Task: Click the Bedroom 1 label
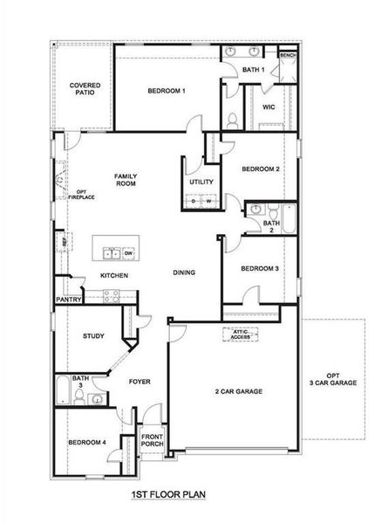pos(166,91)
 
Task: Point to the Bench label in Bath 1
pos(288,55)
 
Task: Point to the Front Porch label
pos(153,440)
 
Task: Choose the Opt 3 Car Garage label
pos(336,379)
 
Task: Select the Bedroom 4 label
pos(87,443)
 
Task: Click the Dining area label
pos(183,272)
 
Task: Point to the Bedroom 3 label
pos(259,269)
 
